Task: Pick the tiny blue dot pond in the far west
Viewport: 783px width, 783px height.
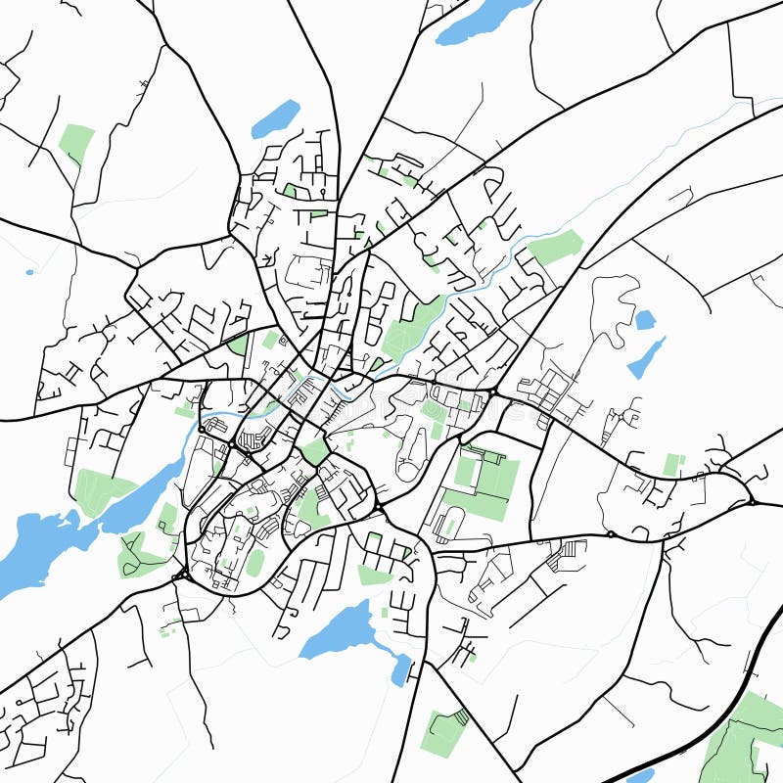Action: (29, 271)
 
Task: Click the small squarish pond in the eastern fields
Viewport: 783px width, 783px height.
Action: (644, 319)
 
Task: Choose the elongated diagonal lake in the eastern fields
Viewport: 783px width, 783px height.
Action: (646, 358)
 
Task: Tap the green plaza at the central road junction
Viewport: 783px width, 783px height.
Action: (315, 451)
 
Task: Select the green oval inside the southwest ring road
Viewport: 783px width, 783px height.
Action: (254, 562)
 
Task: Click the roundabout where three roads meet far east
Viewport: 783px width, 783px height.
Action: (751, 502)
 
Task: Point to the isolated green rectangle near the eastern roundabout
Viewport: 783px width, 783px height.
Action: (671, 464)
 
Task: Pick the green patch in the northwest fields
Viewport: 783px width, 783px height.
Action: (76, 143)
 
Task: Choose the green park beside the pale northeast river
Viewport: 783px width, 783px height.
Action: (556, 247)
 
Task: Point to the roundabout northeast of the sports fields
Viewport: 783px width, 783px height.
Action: (494, 392)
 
